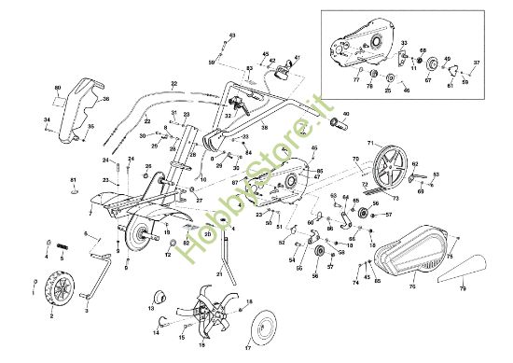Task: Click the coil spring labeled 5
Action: [62, 246]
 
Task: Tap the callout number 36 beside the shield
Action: [105, 99]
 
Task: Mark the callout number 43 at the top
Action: [232, 35]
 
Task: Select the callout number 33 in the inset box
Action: [404, 44]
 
